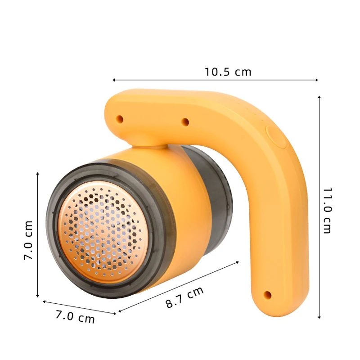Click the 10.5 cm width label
point(228,72)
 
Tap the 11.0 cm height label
point(327,210)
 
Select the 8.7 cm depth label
point(184,297)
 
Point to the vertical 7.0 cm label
point(28,240)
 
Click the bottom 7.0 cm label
point(75,317)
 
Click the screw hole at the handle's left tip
point(120,119)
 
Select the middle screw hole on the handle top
point(184,121)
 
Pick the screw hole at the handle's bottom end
point(267,295)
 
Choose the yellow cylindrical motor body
point(184,211)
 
